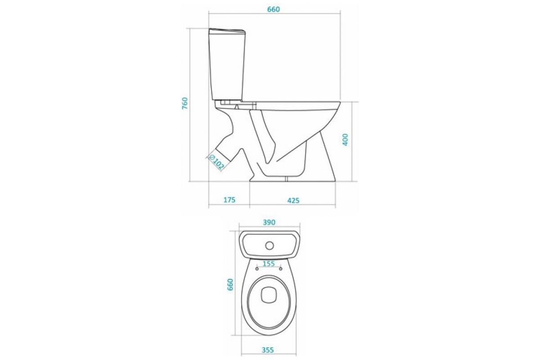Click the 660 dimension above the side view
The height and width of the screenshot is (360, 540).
point(274,9)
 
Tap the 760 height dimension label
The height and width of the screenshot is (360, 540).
point(184,103)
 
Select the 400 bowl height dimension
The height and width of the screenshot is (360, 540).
point(345,139)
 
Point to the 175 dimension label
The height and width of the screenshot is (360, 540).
point(229,200)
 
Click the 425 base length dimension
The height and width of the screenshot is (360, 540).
point(293,200)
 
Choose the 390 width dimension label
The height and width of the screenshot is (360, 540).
point(269,222)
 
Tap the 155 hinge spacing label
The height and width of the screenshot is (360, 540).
point(269,264)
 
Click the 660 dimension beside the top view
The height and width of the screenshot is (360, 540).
point(230,284)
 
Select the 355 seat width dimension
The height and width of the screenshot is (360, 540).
point(268,350)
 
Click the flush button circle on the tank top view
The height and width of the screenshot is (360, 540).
point(270,246)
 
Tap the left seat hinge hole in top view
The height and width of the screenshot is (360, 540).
point(257,269)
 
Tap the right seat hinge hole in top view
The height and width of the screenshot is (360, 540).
point(281,269)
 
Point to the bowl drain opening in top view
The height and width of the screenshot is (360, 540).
point(269,295)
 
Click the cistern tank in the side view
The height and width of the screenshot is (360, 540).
point(227,64)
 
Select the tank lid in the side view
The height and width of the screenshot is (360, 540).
point(227,31)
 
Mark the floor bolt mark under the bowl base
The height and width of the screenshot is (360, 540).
point(286,179)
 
